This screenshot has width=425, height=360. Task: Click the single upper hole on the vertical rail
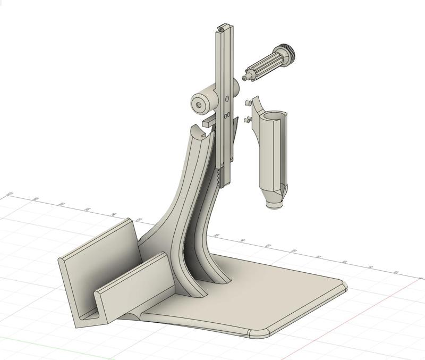coord(227,98)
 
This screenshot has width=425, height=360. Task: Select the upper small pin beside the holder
coord(247,102)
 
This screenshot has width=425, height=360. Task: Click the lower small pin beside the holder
coord(246,120)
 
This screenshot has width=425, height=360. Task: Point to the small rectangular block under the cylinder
coord(209,122)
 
